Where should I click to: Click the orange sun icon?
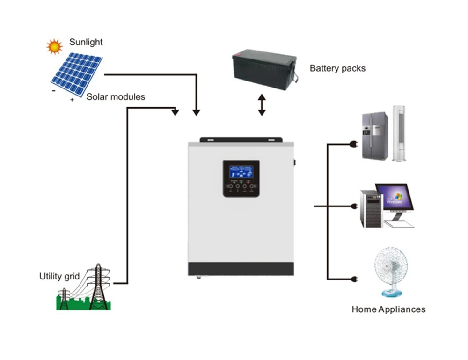click(x=54, y=46)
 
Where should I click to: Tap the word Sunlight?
click(x=86, y=42)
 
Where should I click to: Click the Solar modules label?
click(x=116, y=97)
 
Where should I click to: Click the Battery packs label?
click(x=337, y=68)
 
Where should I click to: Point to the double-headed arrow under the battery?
click(x=262, y=105)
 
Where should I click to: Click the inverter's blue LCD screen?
click(x=241, y=171)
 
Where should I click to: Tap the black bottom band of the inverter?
click(x=241, y=269)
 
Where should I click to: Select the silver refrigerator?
click(x=374, y=135)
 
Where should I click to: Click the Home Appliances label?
click(x=388, y=309)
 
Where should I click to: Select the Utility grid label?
click(x=59, y=276)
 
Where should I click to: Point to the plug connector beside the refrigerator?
click(x=354, y=145)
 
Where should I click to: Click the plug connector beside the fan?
click(x=354, y=279)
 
